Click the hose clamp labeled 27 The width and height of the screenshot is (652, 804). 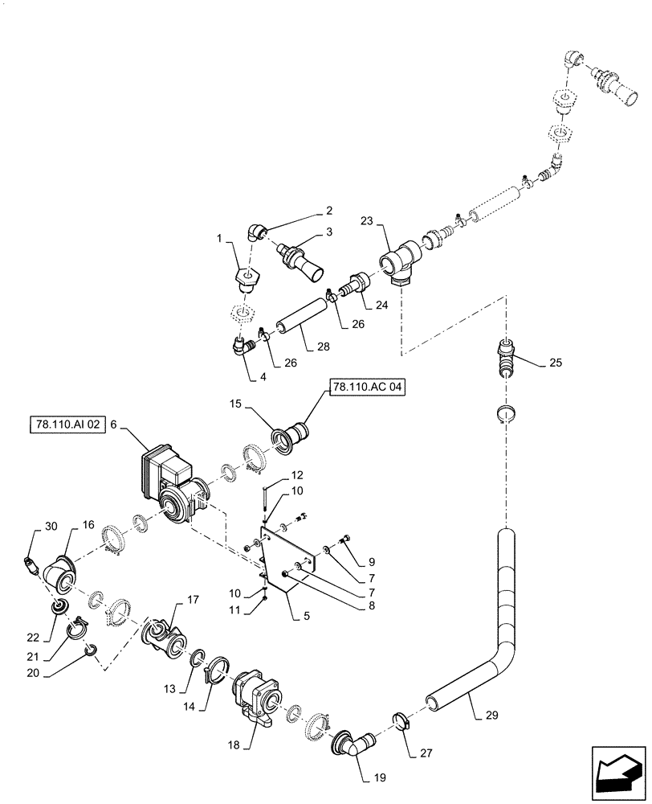[x=401, y=718]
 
